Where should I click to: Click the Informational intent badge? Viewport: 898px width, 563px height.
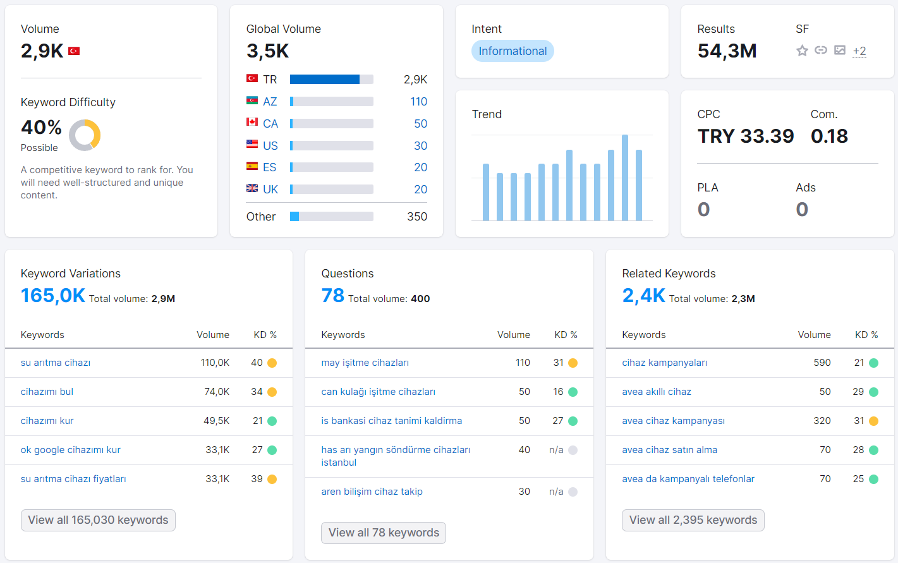point(513,51)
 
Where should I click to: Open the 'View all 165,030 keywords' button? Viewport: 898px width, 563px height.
point(98,520)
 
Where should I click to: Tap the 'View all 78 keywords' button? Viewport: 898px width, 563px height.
point(383,533)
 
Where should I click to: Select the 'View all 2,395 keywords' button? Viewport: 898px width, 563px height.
point(693,520)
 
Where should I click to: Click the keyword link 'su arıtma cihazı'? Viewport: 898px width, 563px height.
point(56,363)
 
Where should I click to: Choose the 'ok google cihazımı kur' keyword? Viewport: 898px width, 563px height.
point(71,450)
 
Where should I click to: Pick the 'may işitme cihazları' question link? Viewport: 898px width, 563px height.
point(365,363)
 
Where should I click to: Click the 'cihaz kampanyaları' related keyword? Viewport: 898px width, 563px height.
point(664,363)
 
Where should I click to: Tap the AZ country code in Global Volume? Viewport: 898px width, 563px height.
point(270,101)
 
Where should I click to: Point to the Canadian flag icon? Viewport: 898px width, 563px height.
point(252,122)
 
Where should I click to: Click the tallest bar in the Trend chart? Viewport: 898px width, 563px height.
point(624,178)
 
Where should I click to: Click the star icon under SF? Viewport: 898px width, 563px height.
point(802,51)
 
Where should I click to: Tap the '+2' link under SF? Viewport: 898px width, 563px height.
point(859,51)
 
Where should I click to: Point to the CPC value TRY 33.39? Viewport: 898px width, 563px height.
point(745,136)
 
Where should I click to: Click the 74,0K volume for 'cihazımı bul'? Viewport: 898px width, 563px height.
point(217,392)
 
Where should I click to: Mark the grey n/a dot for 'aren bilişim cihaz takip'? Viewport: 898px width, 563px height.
point(573,492)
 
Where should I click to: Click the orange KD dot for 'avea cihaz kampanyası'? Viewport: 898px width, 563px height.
point(873,421)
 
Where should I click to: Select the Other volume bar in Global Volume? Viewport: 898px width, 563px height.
point(332,216)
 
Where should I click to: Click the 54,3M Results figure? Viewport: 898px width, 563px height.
point(727,51)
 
